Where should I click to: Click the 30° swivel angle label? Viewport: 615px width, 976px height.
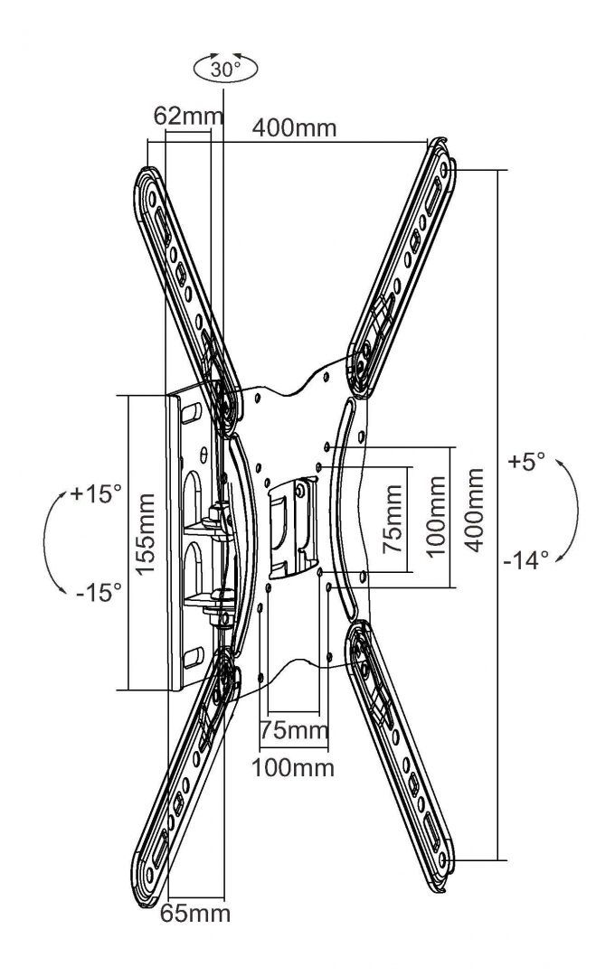click(x=226, y=69)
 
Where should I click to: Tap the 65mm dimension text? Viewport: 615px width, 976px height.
click(x=195, y=913)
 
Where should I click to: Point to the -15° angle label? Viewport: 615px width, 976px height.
click(x=99, y=593)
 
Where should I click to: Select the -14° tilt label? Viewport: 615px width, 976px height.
click(x=527, y=559)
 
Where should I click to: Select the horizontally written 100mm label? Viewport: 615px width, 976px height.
click(x=292, y=768)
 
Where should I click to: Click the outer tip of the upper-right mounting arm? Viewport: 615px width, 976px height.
click(x=442, y=149)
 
